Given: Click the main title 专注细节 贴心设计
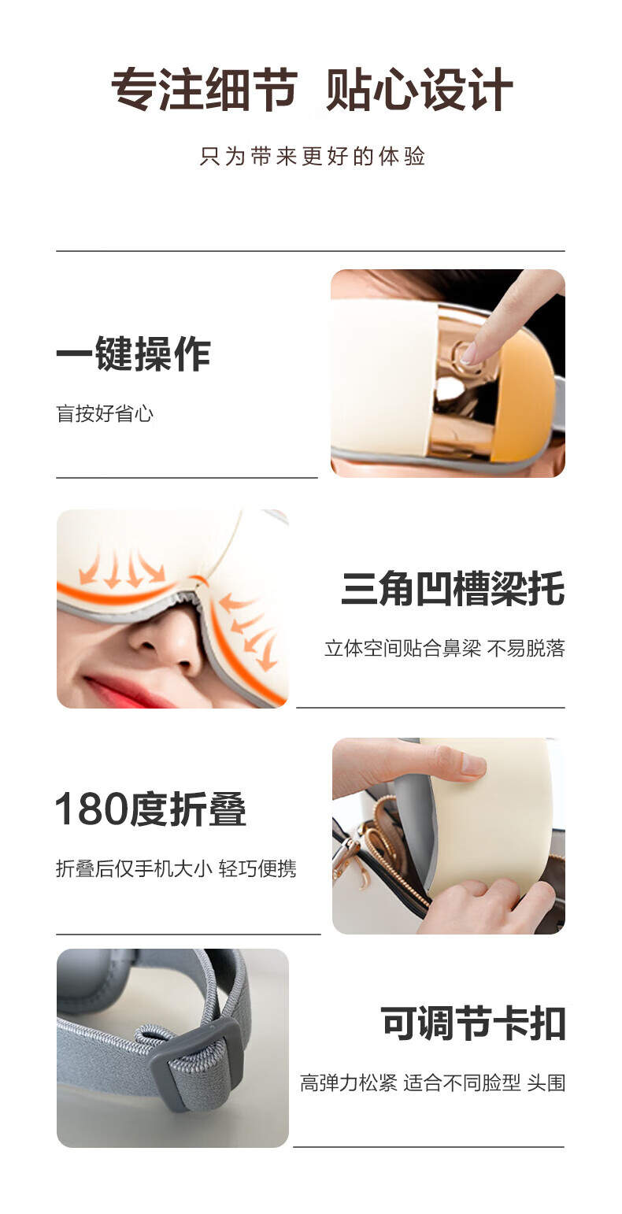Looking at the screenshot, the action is pyautogui.click(x=312, y=90).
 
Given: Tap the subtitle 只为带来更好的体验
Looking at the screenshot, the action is pyautogui.click(x=312, y=156).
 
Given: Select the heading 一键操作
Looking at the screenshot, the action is pyautogui.click(x=133, y=354).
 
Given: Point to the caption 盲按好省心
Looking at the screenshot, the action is pyautogui.click(x=105, y=413).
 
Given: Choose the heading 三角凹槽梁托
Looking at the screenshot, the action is pyautogui.click(x=453, y=589).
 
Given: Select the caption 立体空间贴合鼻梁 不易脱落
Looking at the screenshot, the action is pyautogui.click(x=445, y=648).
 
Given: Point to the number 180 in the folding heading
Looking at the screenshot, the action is pyautogui.click(x=92, y=809).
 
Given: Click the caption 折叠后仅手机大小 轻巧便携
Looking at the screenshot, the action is pyautogui.click(x=176, y=868).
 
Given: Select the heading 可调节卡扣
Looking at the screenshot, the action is pyautogui.click(x=473, y=1023).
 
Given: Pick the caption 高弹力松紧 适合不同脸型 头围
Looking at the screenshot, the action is pyautogui.click(x=432, y=1083).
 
